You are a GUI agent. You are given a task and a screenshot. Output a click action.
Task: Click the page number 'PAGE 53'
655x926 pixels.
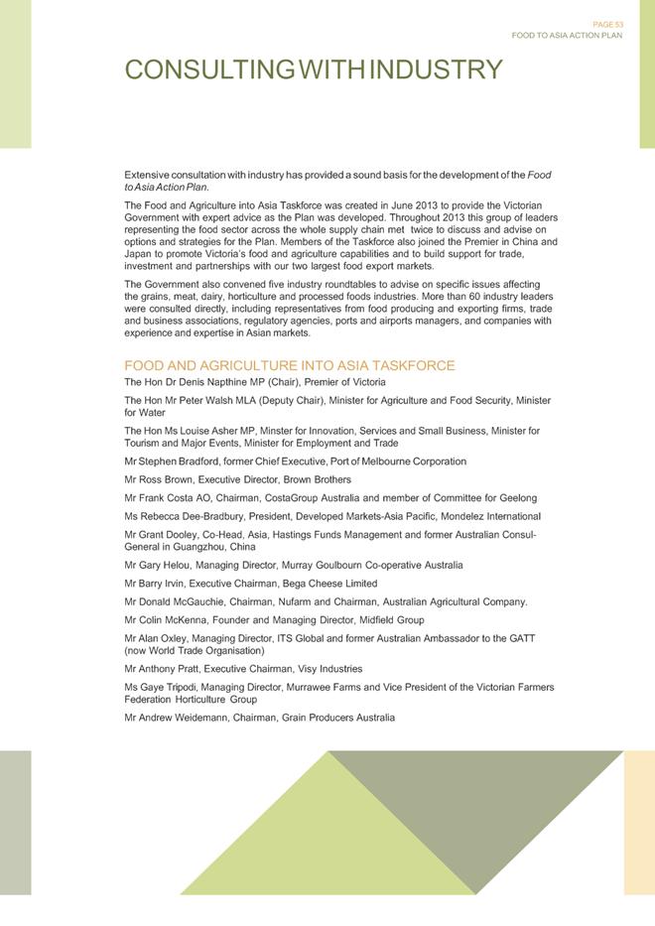coord(607,25)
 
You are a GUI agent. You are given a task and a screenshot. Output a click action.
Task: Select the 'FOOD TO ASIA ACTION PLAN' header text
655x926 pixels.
coord(567,36)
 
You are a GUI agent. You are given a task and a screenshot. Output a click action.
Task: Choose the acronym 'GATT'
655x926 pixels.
coord(522,638)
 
